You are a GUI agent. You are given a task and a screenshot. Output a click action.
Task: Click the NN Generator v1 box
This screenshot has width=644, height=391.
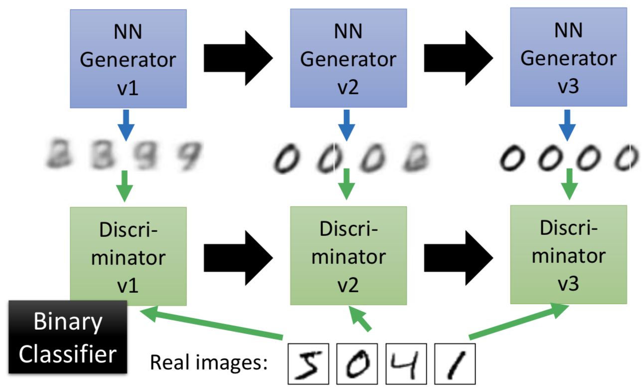coord(128,58)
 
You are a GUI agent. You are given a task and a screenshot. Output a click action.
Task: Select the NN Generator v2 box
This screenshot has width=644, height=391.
coord(348,58)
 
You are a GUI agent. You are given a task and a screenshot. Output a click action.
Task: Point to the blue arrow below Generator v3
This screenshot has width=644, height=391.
coord(567,124)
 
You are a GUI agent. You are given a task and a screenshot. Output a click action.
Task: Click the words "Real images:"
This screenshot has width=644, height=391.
coord(209,363)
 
